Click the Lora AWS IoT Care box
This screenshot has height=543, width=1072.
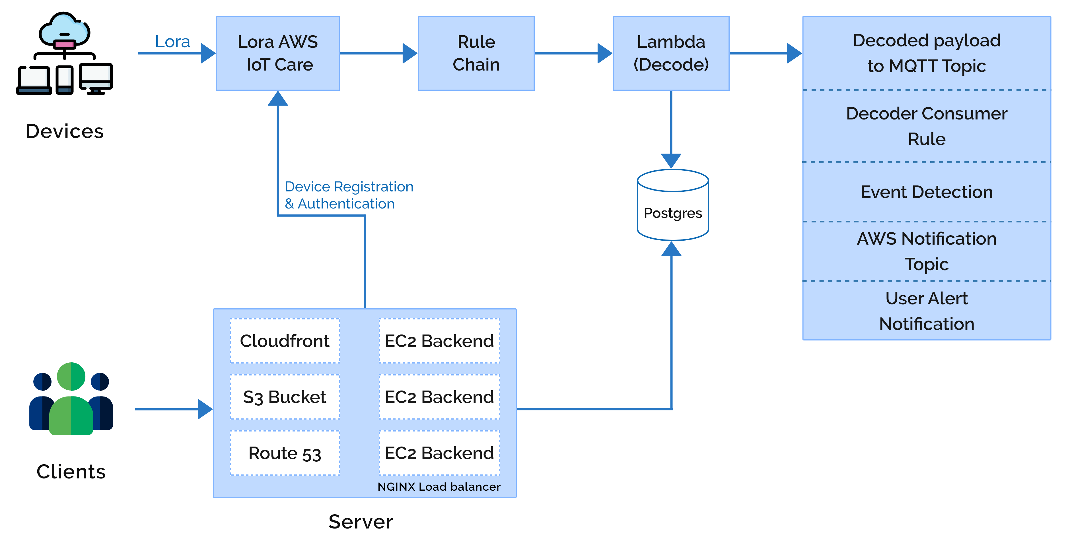point(277,53)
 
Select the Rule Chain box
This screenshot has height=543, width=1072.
point(476,53)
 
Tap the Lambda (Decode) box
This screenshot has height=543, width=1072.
point(671,53)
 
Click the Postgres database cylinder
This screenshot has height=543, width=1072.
point(672,206)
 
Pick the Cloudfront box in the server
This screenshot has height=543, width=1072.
point(285,341)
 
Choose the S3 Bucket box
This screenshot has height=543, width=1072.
point(285,397)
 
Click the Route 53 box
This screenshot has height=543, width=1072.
point(285,453)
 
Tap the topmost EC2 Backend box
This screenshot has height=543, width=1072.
point(439,341)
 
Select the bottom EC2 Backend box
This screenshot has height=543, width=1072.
point(439,453)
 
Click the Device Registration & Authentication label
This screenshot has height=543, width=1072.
point(348,195)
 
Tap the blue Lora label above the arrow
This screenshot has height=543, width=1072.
point(172,42)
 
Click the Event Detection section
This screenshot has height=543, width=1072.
point(926,192)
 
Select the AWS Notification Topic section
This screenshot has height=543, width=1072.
point(926,251)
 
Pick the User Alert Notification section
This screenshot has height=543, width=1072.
point(926,311)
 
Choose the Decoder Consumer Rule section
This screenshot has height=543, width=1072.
point(926,126)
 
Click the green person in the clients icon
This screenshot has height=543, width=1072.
point(71,399)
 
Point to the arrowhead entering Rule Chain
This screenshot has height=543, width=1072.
point(410,53)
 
